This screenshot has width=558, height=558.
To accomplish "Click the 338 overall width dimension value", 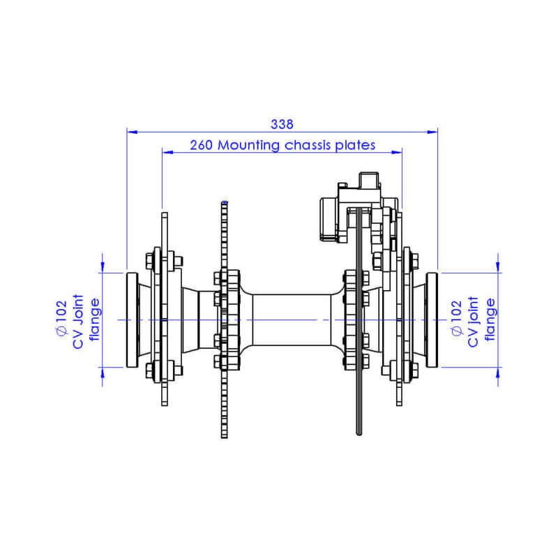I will (x=282, y=123).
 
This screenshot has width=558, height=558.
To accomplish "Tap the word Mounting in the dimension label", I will (x=248, y=145).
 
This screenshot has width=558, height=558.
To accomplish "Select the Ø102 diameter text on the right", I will (x=457, y=319).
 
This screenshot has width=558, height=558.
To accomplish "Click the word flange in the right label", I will (x=490, y=319).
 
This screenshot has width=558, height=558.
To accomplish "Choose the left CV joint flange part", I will (x=132, y=319).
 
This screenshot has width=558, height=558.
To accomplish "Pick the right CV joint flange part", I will (x=431, y=319).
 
